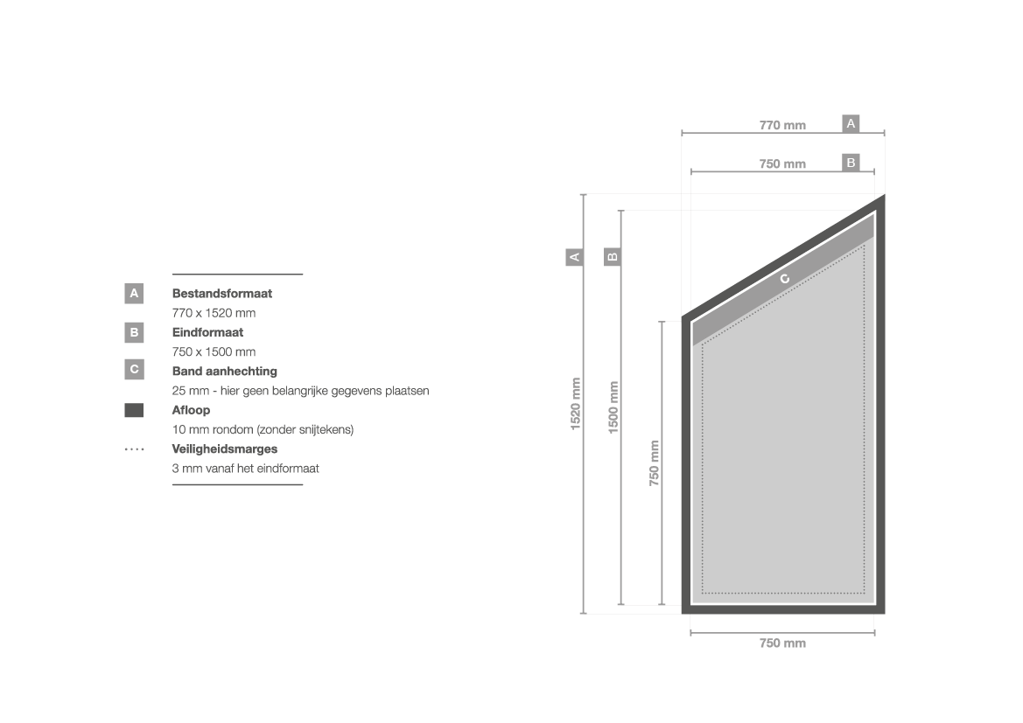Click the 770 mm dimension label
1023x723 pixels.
point(782,125)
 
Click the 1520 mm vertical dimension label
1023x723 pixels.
point(576,404)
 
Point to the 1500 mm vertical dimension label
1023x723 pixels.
point(613,407)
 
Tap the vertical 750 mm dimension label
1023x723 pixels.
point(655,462)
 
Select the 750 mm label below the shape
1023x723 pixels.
point(782,643)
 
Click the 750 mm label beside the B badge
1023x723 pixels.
point(782,163)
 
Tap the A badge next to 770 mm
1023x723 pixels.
point(850,123)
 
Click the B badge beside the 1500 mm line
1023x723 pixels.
point(612,256)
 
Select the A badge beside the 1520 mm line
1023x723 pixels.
point(574,257)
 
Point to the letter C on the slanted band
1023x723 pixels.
point(784,279)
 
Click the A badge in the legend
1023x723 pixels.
point(134,294)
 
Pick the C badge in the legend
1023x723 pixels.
point(134,370)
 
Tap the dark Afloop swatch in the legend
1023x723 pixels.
point(134,410)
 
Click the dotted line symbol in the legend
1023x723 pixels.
point(135,449)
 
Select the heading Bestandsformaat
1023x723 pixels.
point(221,294)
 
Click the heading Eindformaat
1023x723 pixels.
point(207,332)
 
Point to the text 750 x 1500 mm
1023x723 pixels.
point(214,352)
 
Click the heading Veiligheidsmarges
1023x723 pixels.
point(224,449)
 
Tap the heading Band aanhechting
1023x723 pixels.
point(224,371)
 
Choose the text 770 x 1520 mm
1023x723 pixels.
point(214,313)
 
